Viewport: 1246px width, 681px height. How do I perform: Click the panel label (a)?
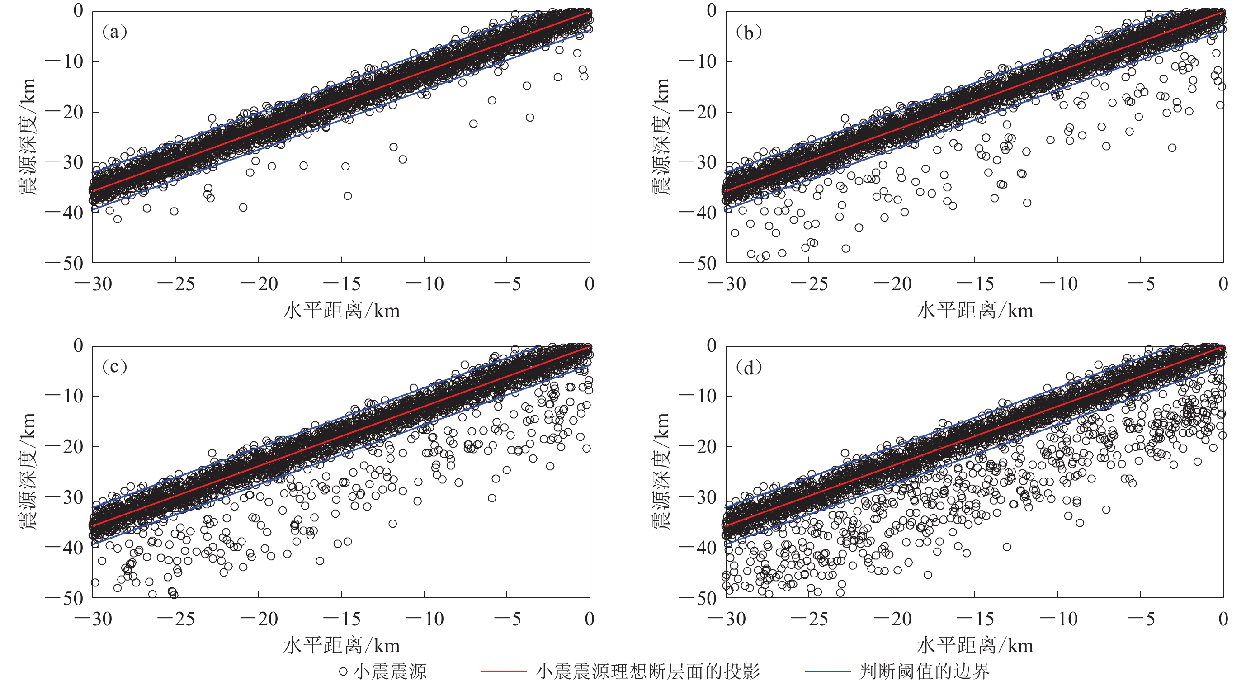(115, 32)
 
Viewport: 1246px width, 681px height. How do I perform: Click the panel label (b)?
(748, 32)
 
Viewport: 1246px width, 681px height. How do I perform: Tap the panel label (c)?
(115, 367)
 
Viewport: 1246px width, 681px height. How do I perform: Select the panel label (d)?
(748, 368)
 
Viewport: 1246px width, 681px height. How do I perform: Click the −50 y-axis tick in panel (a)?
(64, 263)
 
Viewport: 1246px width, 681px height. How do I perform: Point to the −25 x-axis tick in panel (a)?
(175, 284)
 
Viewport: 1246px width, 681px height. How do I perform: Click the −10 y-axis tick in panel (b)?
(698, 62)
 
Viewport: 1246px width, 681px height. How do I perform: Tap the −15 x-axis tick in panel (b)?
(975, 284)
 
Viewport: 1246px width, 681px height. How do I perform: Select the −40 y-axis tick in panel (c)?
(64, 548)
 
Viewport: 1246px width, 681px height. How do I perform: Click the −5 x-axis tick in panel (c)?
(507, 619)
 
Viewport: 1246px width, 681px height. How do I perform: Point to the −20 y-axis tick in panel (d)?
(698, 446)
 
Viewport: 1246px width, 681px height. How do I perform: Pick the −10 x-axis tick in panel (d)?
(1058, 619)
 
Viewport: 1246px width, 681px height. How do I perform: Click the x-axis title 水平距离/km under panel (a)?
(341, 311)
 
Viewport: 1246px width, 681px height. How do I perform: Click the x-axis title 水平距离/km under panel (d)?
(975, 646)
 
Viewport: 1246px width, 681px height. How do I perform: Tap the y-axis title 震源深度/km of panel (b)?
(661, 137)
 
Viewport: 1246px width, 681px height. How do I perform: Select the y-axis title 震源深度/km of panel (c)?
(28, 472)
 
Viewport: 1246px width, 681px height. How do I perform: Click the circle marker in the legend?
(343, 672)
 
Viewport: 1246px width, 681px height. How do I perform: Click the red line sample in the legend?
(503, 672)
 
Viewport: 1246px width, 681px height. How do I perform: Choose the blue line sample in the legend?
(827, 672)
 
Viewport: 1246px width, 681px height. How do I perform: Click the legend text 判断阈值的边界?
(924, 672)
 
